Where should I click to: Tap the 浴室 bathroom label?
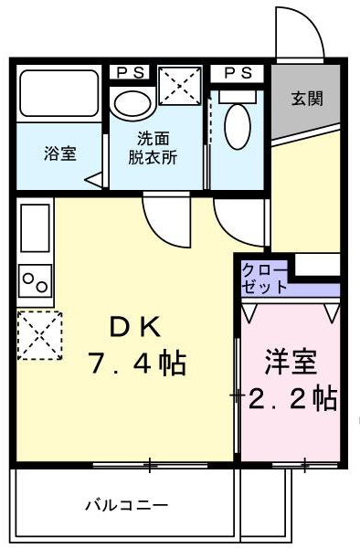[x=60, y=153]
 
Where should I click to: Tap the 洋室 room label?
[x=291, y=363]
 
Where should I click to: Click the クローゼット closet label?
[x=264, y=278]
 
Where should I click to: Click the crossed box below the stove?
[x=38, y=335]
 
